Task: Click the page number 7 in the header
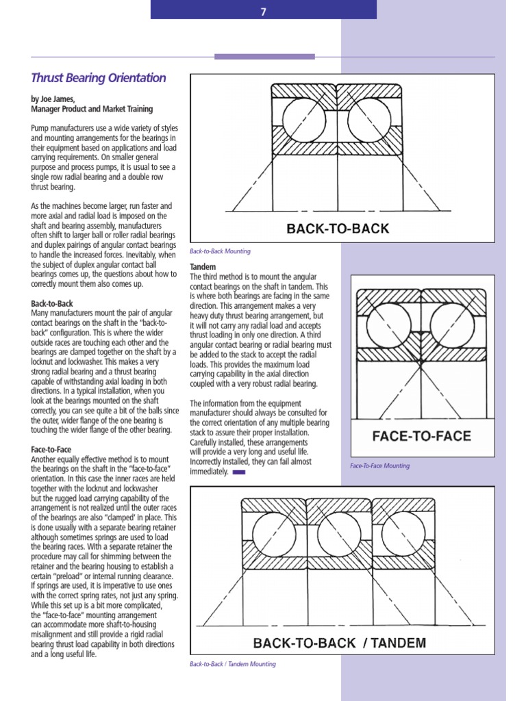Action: pos(263,11)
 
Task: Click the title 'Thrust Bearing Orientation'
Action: pos(99,78)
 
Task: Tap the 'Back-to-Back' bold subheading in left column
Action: pos(52,303)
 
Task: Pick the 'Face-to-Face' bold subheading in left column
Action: pos(51,450)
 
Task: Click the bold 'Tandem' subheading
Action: pos(203,266)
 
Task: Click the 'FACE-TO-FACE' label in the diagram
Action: pos(421,436)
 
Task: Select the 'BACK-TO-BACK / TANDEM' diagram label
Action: pos(340,643)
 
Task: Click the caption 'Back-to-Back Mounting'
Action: pos(220,251)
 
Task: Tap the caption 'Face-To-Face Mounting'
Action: pos(379,466)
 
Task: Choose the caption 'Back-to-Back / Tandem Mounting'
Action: pos(233,664)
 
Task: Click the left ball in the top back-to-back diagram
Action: pos(302,120)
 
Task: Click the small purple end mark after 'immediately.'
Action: pos(239,472)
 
